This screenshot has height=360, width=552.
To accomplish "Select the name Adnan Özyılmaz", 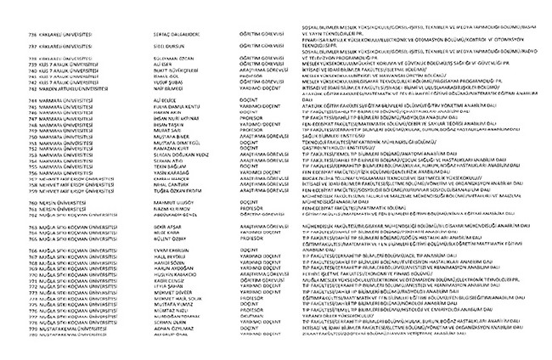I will (x=172, y=350).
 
